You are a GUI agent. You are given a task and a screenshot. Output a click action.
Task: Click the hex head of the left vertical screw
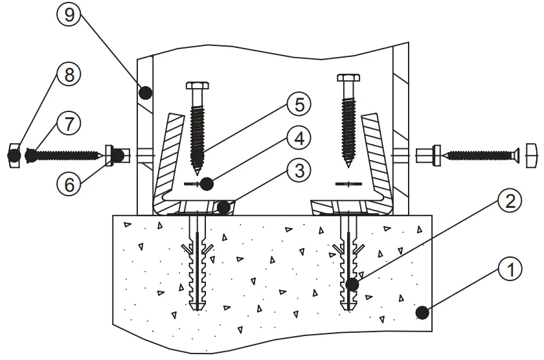point(198,86)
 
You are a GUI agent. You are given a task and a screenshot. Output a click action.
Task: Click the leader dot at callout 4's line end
point(207,184)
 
